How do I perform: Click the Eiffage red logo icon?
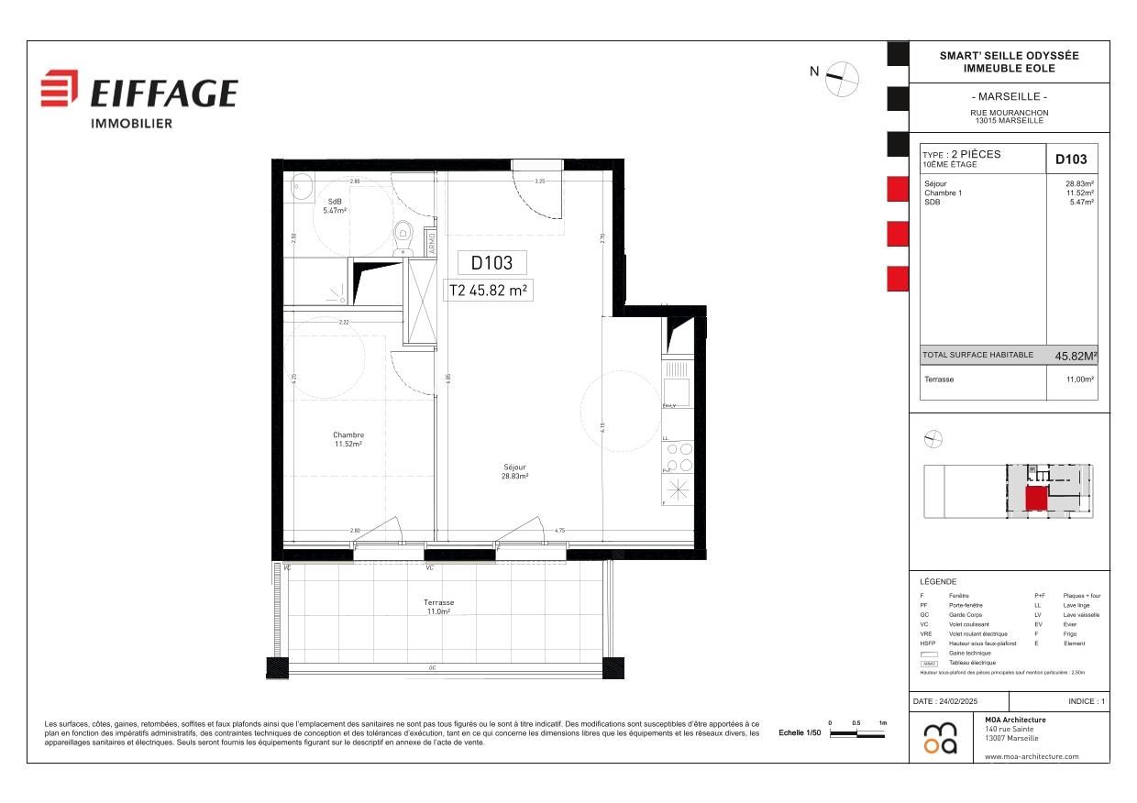point(60,88)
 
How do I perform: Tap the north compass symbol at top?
point(842,79)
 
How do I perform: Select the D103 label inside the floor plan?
point(491,263)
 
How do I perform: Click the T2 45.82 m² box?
point(490,290)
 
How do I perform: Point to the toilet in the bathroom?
point(403,236)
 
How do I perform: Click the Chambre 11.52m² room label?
point(348,440)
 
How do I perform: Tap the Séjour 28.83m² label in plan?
point(514,471)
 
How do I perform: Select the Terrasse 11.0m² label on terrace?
point(438,607)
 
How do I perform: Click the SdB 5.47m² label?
point(335,206)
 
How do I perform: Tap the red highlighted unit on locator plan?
point(1035,499)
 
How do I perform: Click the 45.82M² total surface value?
point(1076,356)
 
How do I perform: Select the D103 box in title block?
point(1071,159)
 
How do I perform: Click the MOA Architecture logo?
point(940,738)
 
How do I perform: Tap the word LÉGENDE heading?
point(938,581)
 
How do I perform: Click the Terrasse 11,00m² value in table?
point(1081,379)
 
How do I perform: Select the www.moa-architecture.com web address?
point(1032,756)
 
